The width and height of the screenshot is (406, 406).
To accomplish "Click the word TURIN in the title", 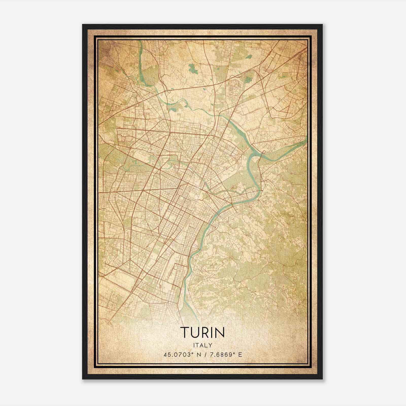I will pos(202,332).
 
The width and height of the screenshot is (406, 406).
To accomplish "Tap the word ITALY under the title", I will pos(202,345).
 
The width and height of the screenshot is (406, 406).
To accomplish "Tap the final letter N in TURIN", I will pos(220,332).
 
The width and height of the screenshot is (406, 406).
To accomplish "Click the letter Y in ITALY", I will pos(211,345).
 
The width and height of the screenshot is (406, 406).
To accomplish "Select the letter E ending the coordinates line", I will pos(240,354).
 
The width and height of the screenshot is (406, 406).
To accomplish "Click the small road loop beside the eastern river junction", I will pos(264,152).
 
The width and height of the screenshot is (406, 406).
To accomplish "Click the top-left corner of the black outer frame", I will pos(82,25).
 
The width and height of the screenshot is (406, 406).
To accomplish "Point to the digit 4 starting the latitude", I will pos(165,354).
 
